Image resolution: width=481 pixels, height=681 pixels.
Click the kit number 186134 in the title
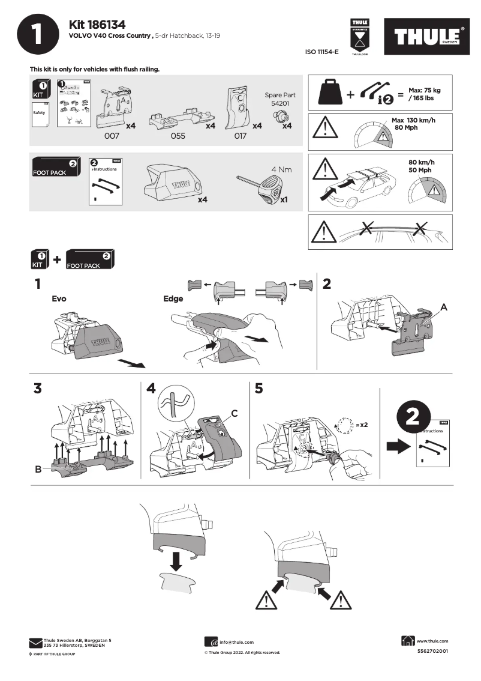[x=108, y=24]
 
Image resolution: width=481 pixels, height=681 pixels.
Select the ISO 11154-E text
[x=322, y=52]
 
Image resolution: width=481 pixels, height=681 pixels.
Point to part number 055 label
[x=178, y=136]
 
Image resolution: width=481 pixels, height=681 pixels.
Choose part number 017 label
[x=240, y=136]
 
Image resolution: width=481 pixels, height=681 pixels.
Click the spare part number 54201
[x=279, y=103]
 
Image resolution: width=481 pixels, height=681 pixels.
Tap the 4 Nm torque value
[x=281, y=169]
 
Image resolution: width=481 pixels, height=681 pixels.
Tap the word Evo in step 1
[x=59, y=298]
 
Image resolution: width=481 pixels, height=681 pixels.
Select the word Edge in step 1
[x=173, y=298]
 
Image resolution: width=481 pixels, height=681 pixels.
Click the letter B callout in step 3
[x=38, y=470]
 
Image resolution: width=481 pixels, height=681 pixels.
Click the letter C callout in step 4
[x=235, y=413]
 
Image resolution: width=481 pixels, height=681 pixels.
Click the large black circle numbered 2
[x=413, y=419]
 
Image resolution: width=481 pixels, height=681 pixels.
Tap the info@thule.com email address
[x=236, y=642]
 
